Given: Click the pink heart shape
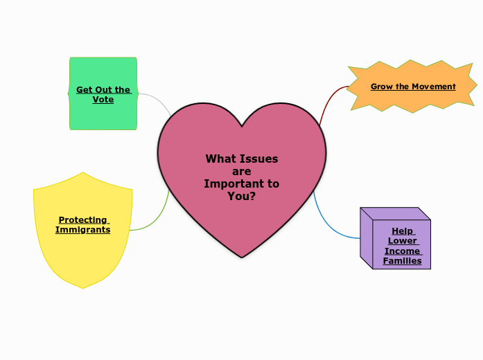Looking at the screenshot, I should pyautogui.click(x=242, y=208).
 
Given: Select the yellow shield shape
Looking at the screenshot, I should pyautogui.click(x=82, y=256).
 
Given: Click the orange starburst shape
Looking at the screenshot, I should pyautogui.click(x=413, y=100).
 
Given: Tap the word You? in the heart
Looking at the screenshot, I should pyautogui.click(x=242, y=196).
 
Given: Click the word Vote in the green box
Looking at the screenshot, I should pyautogui.click(x=103, y=99).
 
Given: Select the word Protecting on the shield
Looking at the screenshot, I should pyautogui.click(x=82, y=219).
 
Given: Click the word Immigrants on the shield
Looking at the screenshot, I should pyautogui.click(x=82, y=229).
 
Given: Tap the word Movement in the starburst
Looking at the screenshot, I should pyautogui.click(x=434, y=87).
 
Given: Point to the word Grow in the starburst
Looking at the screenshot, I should pyautogui.click(x=382, y=87).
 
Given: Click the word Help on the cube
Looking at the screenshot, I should pyautogui.click(x=402, y=231).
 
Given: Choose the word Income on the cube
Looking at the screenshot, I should pyautogui.click(x=402, y=251).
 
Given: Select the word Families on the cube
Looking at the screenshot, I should pyautogui.click(x=402, y=261).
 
